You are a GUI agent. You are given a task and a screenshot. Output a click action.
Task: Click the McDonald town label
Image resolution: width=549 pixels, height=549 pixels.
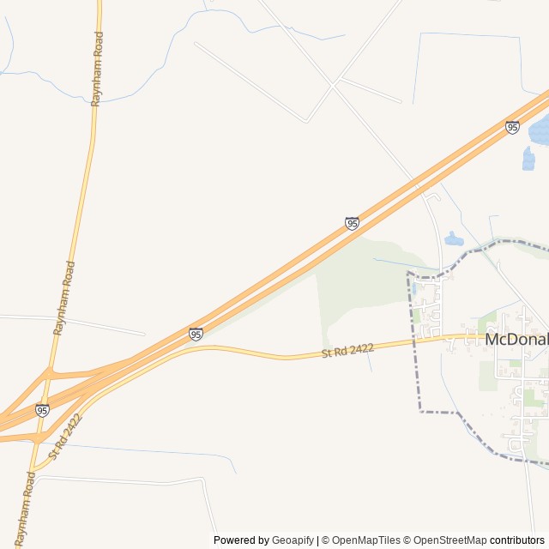[x=516, y=339]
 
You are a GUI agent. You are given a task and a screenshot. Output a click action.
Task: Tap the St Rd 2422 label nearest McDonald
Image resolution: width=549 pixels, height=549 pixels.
[x=348, y=350]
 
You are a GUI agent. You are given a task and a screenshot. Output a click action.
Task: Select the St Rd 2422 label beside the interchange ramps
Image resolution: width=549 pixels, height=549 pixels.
[x=65, y=436]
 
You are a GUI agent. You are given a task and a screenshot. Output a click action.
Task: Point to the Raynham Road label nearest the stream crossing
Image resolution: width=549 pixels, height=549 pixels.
[x=100, y=69]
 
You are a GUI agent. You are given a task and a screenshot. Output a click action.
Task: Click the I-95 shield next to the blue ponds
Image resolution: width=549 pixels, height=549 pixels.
[x=512, y=127]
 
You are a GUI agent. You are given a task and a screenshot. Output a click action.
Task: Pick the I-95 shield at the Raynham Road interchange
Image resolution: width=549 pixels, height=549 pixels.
[x=42, y=410]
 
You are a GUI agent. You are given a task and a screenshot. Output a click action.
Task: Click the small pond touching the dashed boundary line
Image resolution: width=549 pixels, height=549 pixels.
[x=454, y=239]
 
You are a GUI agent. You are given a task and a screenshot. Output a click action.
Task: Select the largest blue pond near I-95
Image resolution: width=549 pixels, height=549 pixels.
[x=540, y=130]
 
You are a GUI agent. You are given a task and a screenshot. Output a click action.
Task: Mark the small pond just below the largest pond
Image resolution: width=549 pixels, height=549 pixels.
[x=528, y=159]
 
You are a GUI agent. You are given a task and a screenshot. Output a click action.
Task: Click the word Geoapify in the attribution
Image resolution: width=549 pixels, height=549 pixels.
[x=293, y=540]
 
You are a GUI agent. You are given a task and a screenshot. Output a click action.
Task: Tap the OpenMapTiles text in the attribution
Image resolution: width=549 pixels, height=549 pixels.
[x=366, y=540]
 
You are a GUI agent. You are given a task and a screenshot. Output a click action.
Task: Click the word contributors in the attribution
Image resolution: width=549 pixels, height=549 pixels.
[x=516, y=540]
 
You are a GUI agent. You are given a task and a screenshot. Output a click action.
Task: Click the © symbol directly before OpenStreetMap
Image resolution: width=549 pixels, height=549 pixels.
[x=408, y=540]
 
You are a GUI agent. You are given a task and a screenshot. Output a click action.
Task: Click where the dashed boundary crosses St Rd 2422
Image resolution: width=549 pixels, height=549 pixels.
[x=415, y=341]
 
